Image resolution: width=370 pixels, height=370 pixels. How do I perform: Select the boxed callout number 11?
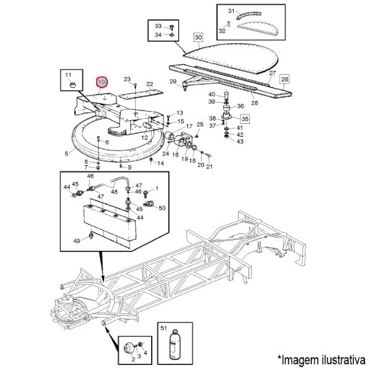coord(68,75)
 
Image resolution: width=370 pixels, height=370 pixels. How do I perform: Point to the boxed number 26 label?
coord(284,80)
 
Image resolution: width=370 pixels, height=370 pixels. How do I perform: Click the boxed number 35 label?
coord(244,119)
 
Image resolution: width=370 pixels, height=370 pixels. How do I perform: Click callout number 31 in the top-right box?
coord(231,12)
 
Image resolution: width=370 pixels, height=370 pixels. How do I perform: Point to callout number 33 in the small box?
coord(158,26)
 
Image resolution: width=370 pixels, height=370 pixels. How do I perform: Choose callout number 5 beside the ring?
coord(67,153)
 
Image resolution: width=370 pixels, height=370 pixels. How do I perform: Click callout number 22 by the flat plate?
coord(149,84)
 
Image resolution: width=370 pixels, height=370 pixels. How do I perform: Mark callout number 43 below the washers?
coord(240,142)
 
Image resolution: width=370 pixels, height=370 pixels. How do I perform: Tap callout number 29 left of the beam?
coord(173,81)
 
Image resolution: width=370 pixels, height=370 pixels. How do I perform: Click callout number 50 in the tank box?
coord(162,208)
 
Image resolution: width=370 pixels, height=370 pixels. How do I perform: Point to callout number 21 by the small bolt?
coord(209,166)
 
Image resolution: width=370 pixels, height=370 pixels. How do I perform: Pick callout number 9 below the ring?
coord(129,167)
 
